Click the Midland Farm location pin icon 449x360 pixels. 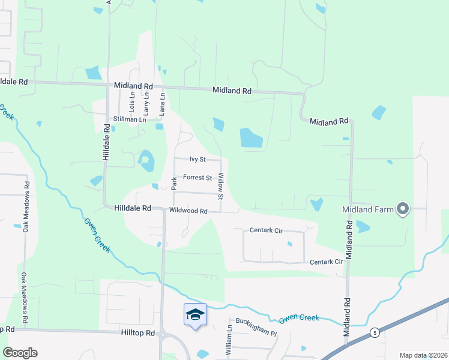[403, 209]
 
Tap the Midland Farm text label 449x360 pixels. [368, 210]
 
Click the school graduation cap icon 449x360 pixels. [196, 314]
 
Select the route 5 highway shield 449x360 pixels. [374, 332]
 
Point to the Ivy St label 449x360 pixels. [197, 160]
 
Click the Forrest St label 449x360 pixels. [197, 178]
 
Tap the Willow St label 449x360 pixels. [221, 186]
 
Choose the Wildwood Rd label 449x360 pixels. [188, 211]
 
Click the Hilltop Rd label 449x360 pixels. [137, 332]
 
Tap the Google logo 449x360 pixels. [20, 353]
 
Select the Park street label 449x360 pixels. [174, 183]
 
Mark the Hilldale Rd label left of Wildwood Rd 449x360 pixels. [132, 208]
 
